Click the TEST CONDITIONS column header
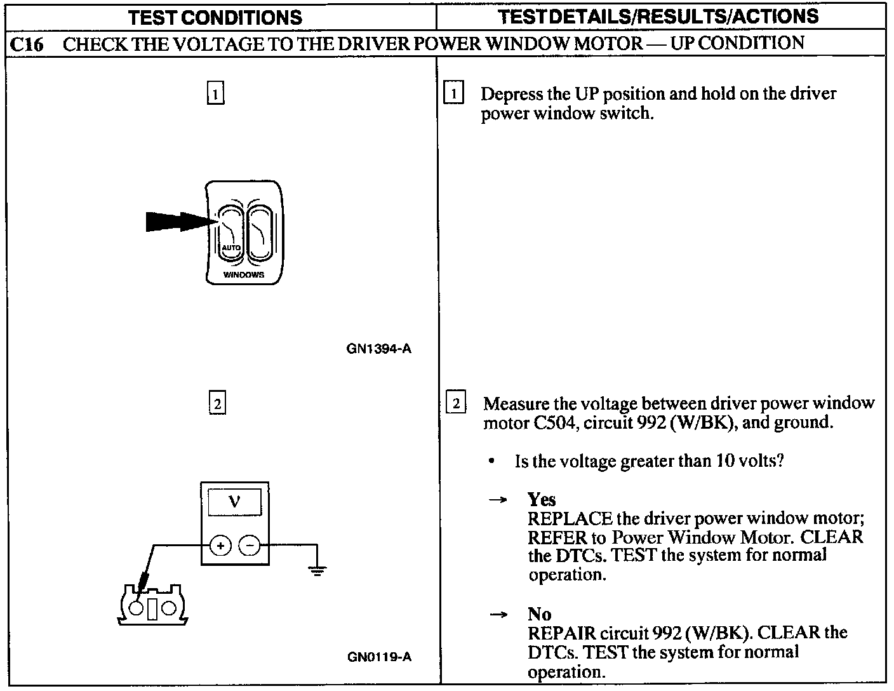point(215,17)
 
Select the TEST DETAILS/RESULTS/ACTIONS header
point(658,17)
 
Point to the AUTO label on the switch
point(230,247)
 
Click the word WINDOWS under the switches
point(244,275)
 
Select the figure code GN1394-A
point(378,349)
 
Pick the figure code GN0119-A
point(379,657)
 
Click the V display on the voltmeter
point(234,502)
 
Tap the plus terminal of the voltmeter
point(220,545)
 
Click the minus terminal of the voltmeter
point(250,545)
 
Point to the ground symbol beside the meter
point(317,570)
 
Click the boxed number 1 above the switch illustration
point(216,95)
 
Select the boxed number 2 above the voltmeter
point(217,404)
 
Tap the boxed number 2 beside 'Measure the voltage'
point(456,403)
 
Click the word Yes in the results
point(542,499)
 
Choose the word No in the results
point(539,614)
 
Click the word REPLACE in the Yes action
point(570,519)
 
